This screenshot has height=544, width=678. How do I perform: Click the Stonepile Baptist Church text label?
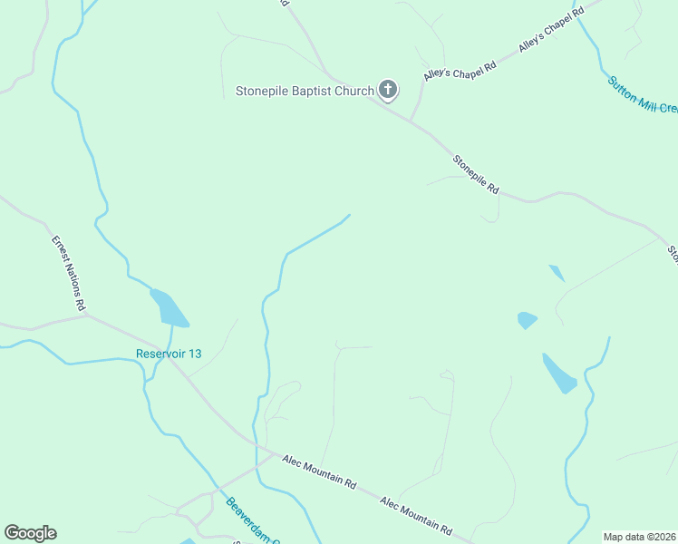tap(305, 91)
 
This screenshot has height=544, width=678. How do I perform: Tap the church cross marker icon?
tap(388, 89)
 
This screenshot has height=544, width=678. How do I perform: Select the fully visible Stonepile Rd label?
tap(477, 175)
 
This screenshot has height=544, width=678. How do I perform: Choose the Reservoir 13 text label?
tap(169, 354)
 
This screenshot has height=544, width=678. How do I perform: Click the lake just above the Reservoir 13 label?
tap(169, 308)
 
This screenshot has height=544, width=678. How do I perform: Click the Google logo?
tap(30, 533)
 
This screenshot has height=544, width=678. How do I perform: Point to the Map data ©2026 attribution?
tap(639, 537)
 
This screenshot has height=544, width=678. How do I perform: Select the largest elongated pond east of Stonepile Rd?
tap(559, 373)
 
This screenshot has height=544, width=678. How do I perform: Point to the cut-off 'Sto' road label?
tap(673, 253)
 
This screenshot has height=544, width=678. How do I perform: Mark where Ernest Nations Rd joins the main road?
tap(87, 316)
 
